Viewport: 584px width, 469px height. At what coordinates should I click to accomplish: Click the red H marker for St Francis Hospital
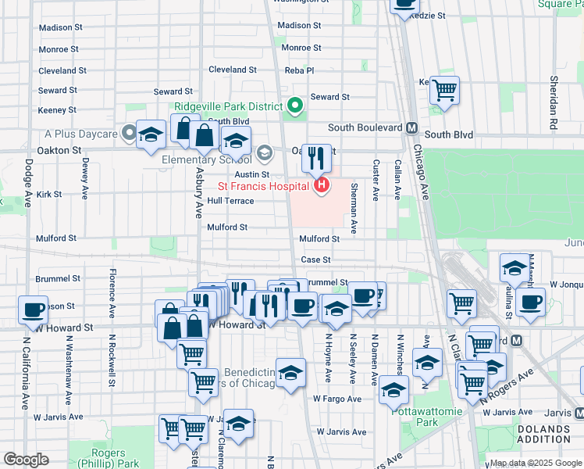tap(321, 186)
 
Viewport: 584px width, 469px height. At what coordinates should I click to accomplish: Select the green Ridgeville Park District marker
tap(295, 105)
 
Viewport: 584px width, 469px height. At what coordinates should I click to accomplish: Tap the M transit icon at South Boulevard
tap(411, 127)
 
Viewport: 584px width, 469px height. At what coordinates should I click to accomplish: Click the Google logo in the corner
tap(26, 460)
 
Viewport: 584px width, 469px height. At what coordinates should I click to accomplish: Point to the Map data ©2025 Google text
tap(535, 463)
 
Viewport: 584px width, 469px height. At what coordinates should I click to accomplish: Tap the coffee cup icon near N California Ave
tap(33, 310)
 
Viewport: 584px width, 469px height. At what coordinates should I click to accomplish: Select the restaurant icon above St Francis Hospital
tap(316, 159)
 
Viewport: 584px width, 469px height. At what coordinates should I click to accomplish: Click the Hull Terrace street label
tap(230, 201)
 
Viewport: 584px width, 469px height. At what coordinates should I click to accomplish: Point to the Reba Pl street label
tap(299, 70)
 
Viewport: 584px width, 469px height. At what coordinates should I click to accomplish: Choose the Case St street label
tap(316, 260)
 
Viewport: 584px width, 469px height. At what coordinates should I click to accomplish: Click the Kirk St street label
tap(48, 194)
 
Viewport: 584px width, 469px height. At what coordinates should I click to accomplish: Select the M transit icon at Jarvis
tap(579, 411)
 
